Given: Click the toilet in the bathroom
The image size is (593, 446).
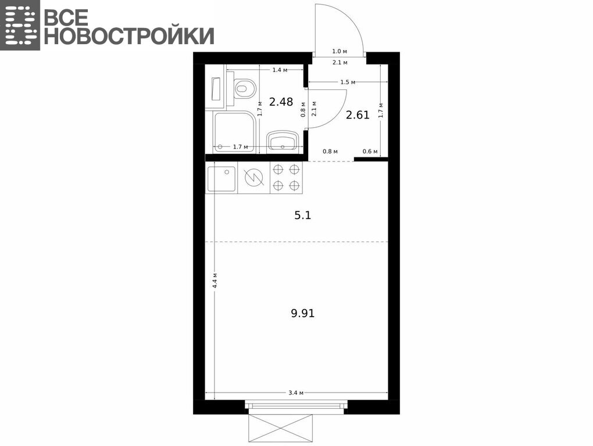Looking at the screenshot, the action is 245,89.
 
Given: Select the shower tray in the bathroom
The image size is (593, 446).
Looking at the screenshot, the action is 234,132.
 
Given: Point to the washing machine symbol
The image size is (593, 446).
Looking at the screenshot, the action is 253,178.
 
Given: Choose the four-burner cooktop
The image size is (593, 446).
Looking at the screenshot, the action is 286,178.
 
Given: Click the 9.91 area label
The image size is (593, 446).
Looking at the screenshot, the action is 302,313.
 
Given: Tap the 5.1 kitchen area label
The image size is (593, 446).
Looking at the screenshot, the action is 302,215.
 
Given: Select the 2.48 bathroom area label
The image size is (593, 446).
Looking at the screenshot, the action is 281,102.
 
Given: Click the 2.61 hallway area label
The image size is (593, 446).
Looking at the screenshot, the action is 358,114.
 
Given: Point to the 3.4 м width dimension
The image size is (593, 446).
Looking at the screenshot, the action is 296,393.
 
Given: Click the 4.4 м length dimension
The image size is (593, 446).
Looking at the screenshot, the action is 215,280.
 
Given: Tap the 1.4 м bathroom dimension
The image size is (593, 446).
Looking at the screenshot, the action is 280,70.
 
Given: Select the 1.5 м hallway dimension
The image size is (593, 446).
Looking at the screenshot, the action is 348,82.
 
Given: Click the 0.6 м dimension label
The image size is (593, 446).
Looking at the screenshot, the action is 370,152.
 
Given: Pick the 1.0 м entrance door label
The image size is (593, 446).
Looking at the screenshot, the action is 340,51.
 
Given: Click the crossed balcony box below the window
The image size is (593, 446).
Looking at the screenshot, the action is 281,428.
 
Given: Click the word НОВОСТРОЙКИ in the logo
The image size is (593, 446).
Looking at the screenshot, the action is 129,36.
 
